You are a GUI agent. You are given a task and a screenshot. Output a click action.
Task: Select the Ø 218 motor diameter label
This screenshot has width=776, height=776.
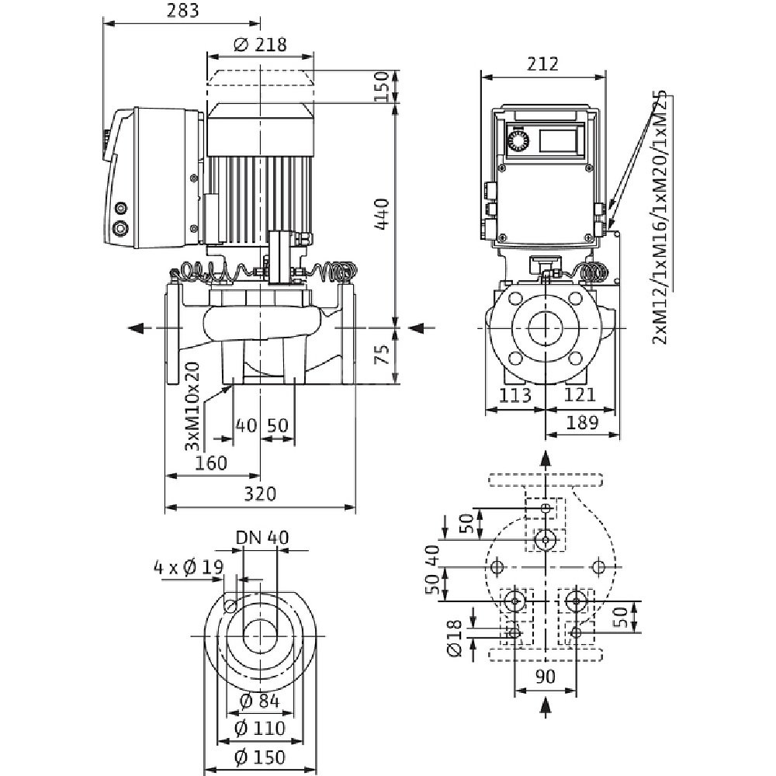pos(260,44)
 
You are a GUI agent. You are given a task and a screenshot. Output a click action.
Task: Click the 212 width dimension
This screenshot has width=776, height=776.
pos(543,64)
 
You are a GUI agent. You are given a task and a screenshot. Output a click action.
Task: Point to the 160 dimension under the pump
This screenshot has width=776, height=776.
pos(211,463)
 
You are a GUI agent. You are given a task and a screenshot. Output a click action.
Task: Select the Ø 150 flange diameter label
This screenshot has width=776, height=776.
pos(259,757)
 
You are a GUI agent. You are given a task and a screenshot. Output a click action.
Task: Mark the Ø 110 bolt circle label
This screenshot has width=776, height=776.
pos(259,729)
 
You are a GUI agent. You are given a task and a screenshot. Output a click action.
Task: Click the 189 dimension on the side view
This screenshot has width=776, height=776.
pos(583,423)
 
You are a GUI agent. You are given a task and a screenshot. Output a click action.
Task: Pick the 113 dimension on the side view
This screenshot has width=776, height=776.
pos(514,396)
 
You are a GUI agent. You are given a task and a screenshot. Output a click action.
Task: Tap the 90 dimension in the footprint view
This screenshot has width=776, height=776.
pos(546,677)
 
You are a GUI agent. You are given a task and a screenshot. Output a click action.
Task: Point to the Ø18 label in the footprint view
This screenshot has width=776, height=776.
pos(456,638)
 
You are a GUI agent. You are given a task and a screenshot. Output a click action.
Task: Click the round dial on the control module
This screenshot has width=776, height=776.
pos(517,140)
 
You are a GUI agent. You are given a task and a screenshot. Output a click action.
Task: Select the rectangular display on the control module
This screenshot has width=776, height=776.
pos(558,140)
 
